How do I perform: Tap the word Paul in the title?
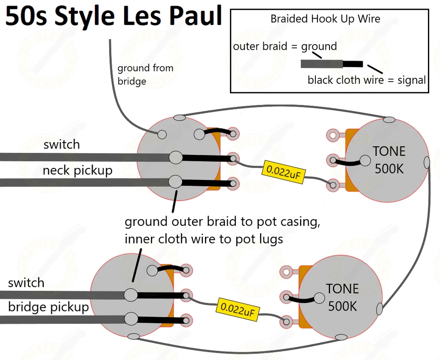point(196,16)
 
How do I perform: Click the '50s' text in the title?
point(27,16)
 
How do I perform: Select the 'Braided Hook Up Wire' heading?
point(325,19)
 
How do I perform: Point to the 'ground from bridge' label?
point(145,74)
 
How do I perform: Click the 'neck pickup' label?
point(77,171)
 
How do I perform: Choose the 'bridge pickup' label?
point(48,307)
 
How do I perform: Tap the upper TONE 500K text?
point(389,160)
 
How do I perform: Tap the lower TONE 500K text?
point(342,297)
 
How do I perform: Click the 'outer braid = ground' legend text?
point(284,46)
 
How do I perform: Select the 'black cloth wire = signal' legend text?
point(367,80)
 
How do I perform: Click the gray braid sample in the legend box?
point(321,64)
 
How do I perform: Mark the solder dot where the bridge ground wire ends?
point(162,134)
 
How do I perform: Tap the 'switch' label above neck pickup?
point(61,144)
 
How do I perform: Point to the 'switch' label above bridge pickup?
point(26,283)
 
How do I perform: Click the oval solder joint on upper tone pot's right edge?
point(427,162)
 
